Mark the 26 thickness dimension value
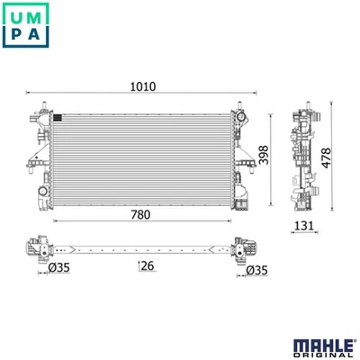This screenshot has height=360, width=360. [144, 265]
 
